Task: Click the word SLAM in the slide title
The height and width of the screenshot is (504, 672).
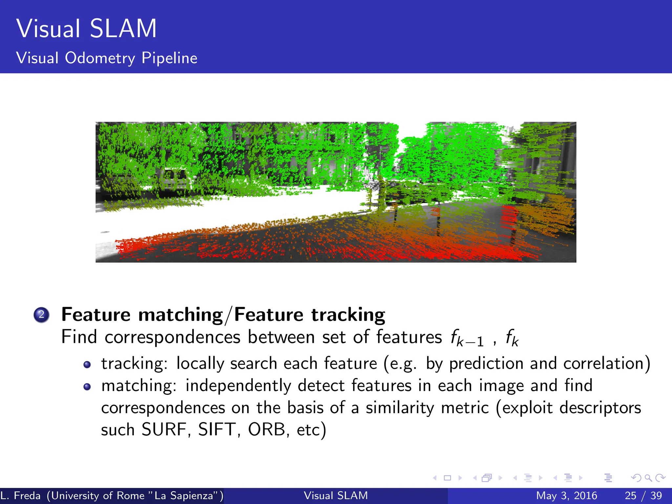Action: click(x=123, y=29)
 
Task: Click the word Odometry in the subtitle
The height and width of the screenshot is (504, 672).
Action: click(x=100, y=58)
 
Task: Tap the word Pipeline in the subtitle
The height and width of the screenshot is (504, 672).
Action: click(x=169, y=58)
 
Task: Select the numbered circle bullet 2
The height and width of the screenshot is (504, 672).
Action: click(x=41, y=315)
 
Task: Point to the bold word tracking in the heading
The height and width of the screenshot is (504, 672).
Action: click(x=348, y=315)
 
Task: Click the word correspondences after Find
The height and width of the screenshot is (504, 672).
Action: click(x=173, y=337)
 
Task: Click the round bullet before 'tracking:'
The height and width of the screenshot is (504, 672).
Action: click(x=87, y=365)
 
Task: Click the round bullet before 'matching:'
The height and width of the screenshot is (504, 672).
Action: click(x=87, y=387)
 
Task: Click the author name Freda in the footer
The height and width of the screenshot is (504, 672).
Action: click(x=27, y=495)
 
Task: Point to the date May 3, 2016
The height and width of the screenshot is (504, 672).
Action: click(x=566, y=495)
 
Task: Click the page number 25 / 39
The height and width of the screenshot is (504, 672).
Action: click(x=643, y=495)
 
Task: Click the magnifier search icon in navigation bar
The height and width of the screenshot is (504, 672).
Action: click(x=648, y=478)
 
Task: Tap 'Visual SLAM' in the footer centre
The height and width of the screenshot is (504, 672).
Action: click(x=336, y=495)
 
